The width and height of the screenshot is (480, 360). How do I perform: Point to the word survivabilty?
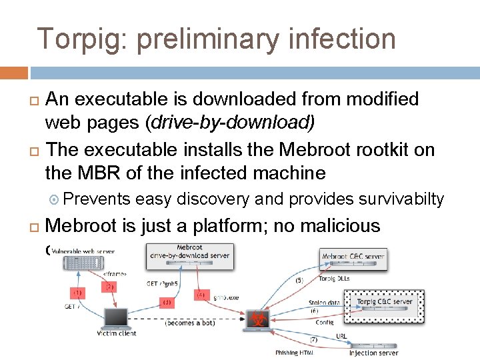[401, 199]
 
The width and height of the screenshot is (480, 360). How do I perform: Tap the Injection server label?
[374, 353]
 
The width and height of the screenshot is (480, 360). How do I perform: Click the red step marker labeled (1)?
[78, 291]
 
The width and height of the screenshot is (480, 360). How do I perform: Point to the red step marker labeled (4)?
[201, 294]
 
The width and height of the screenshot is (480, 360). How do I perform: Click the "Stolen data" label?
[323, 303]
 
